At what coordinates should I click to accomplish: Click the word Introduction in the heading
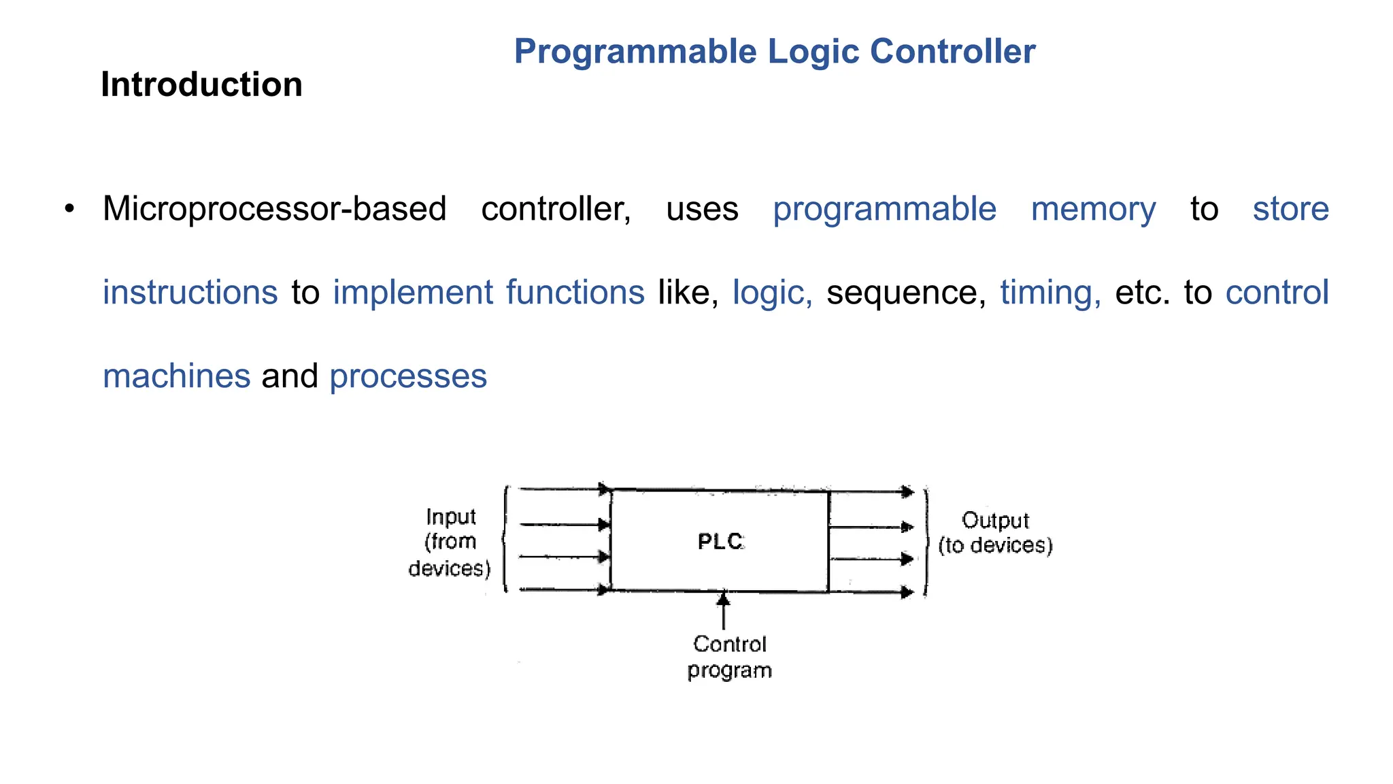click(x=201, y=84)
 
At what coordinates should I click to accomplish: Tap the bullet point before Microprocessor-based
click(x=69, y=209)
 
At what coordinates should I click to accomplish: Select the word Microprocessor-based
click(x=274, y=209)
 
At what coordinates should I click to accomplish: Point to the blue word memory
click(x=1093, y=210)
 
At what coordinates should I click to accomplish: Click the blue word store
click(x=1290, y=209)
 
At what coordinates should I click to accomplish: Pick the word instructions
click(x=190, y=293)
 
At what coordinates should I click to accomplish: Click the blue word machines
click(x=176, y=376)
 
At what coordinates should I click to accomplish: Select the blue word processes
click(x=408, y=376)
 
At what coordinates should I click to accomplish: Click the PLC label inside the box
click(x=721, y=542)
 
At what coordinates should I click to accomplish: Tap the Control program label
click(x=729, y=657)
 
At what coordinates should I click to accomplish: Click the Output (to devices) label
click(x=995, y=533)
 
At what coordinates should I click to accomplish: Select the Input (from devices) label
click(x=450, y=542)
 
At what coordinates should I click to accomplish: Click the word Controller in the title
click(x=952, y=52)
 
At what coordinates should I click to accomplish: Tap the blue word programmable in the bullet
click(x=884, y=210)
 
